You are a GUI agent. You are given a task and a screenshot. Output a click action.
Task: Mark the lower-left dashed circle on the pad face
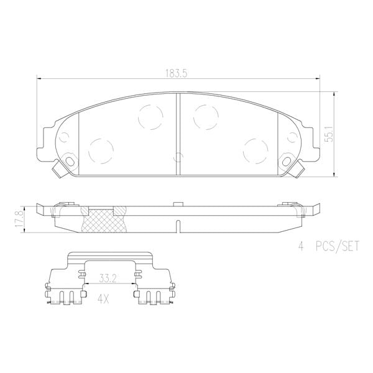coord(101,150)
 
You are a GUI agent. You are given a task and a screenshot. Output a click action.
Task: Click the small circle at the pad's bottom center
coord(178,157)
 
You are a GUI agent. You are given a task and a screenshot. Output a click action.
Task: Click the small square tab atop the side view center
coord(178,203)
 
